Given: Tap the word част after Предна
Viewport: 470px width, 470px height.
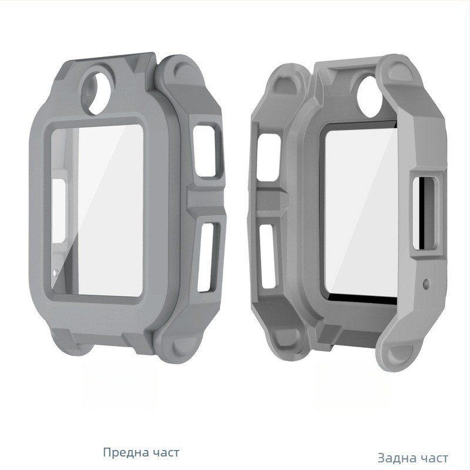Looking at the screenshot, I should pyautogui.click(x=164, y=452).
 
